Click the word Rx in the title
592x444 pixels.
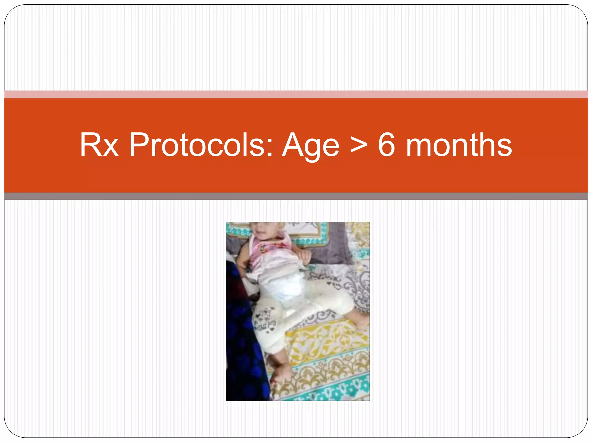[99, 145]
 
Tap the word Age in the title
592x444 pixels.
[310, 145]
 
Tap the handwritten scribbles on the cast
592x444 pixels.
[264, 321]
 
